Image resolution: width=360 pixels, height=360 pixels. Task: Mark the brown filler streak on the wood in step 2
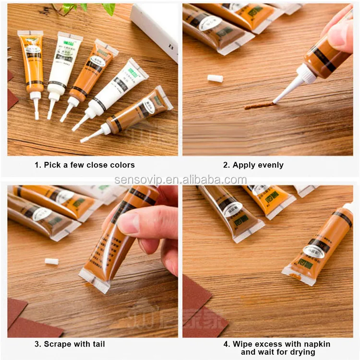259,105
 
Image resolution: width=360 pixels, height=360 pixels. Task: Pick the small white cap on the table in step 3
51,261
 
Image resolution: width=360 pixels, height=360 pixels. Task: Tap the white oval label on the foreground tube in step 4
314,250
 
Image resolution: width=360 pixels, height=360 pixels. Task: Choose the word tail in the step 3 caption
96,344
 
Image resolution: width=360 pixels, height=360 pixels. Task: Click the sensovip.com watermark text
180,180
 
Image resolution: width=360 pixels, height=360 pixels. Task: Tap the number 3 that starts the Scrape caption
37,344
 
